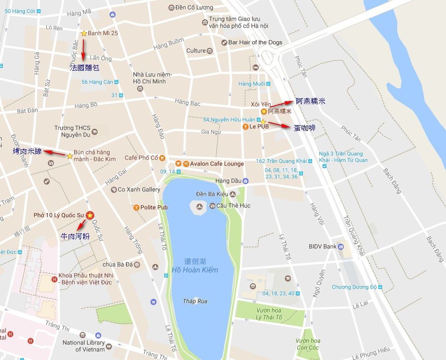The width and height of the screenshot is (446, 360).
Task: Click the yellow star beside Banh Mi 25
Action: coord(84,33)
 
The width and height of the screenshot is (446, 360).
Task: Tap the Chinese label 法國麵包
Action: coord(84,68)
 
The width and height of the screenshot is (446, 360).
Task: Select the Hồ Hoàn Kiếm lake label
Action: coord(195,269)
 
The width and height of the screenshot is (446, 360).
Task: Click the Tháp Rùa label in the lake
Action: coord(195,301)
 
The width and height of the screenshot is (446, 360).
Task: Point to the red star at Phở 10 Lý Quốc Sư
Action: coord(90,215)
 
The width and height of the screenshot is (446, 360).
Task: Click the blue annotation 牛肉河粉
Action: coord(75,236)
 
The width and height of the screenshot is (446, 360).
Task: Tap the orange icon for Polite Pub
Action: coord(137,207)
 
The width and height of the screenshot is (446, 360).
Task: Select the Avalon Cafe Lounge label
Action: coord(217,164)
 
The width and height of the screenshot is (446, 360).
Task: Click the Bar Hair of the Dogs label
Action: coord(255,42)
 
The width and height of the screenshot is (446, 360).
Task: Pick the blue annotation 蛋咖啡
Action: coord(305,128)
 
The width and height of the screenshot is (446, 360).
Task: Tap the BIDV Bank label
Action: coord(323,246)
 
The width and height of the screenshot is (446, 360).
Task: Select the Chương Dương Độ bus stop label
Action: coord(354,287)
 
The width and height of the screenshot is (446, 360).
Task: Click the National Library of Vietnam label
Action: coord(84,346)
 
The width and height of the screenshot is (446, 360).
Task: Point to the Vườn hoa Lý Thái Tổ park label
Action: coord(269,314)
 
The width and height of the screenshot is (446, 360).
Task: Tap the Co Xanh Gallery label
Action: coord(139,189)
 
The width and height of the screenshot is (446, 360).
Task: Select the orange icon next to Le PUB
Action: coord(245,126)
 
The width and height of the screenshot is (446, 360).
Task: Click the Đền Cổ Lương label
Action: coord(194,7)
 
